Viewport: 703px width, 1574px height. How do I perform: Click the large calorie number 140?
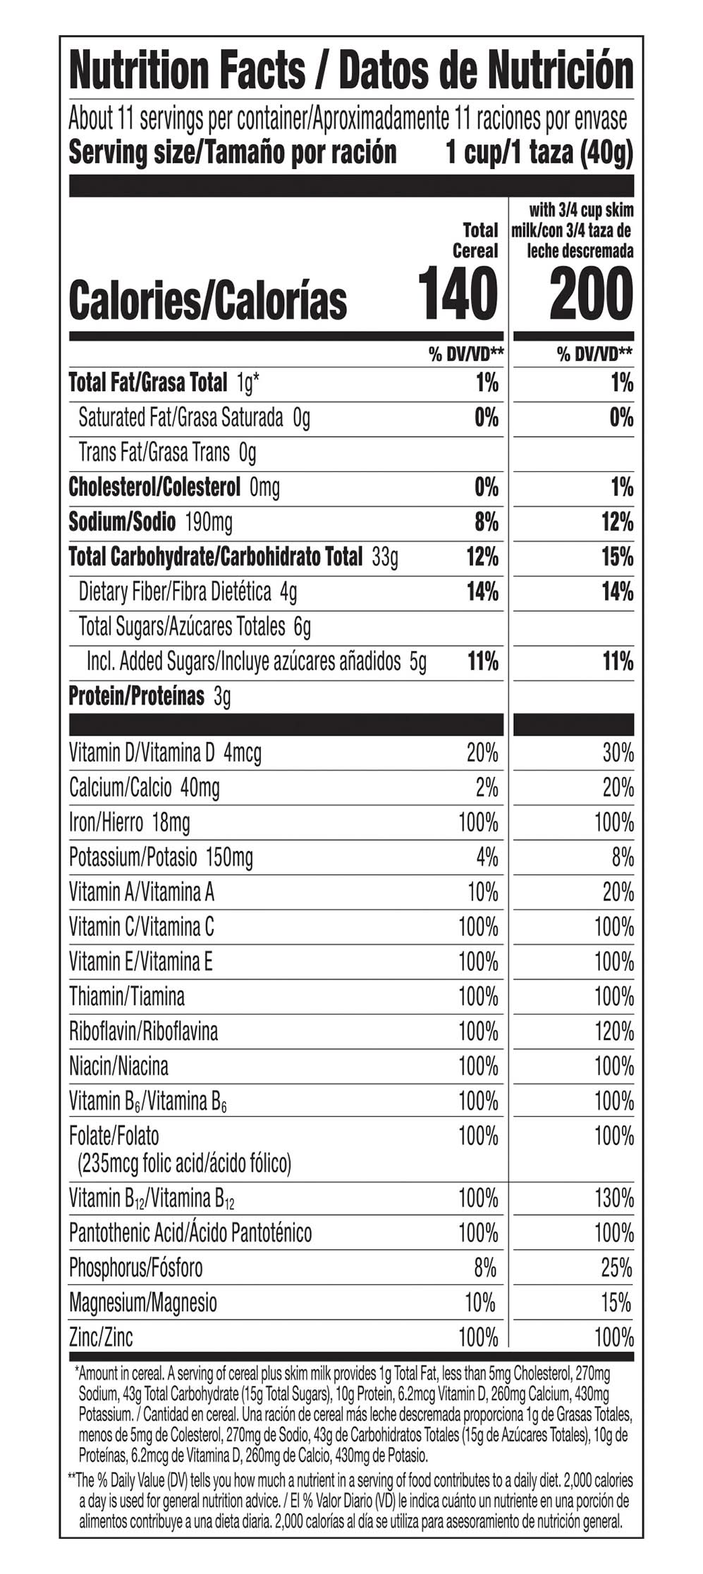(x=458, y=294)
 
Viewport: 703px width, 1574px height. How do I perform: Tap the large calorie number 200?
(x=591, y=294)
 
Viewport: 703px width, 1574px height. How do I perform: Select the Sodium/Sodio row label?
(x=122, y=522)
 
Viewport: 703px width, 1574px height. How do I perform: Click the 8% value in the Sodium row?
(x=486, y=522)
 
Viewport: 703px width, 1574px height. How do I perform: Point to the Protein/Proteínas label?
(x=136, y=696)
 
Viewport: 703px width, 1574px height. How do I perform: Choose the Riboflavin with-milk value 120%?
(x=613, y=1031)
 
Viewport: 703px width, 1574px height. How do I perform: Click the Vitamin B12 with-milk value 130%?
(x=613, y=1198)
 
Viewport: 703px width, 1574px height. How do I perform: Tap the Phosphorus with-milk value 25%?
(x=617, y=1268)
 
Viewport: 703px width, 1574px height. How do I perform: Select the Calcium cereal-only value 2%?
(x=487, y=788)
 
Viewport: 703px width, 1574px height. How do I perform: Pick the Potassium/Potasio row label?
(x=133, y=857)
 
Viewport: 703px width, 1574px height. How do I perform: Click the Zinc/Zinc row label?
(x=101, y=1337)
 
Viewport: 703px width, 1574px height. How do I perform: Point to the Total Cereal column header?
(x=475, y=240)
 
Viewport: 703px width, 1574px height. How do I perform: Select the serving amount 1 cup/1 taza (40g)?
(x=539, y=152)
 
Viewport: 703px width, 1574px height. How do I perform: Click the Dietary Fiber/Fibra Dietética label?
(x=175, y=592)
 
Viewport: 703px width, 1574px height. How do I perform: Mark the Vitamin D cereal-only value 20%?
(x=482, y=753)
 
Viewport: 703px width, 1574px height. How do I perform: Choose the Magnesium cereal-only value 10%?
(x=480, y=1302)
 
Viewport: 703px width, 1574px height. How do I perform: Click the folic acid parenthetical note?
(x=184, y=1163)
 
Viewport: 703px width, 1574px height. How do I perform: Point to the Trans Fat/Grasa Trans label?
(x=154, y=452)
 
